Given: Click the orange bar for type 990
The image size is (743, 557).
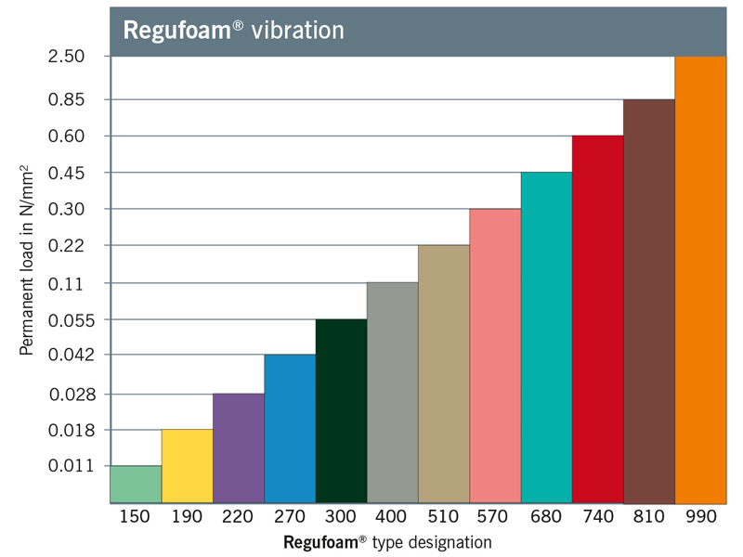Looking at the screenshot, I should pos(699,278).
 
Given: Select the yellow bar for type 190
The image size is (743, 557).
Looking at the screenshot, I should pos(187,466).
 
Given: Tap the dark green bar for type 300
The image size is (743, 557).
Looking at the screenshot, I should pos(341,410).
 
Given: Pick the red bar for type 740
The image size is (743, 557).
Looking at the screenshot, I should pos(597,318).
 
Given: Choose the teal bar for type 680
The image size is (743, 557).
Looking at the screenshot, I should pos(546,337).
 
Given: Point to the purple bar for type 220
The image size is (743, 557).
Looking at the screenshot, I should pos(238,447).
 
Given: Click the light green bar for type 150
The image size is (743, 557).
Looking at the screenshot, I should pos(136,484).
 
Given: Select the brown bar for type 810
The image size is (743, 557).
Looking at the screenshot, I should pos(648,301).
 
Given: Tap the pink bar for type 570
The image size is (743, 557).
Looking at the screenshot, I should pos(495,356).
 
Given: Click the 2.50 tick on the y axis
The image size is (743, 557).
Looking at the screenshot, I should pos(67,57).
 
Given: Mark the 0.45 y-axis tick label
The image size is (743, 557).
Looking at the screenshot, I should pos(67,174).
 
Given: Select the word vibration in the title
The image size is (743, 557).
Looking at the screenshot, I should pos(300,30).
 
